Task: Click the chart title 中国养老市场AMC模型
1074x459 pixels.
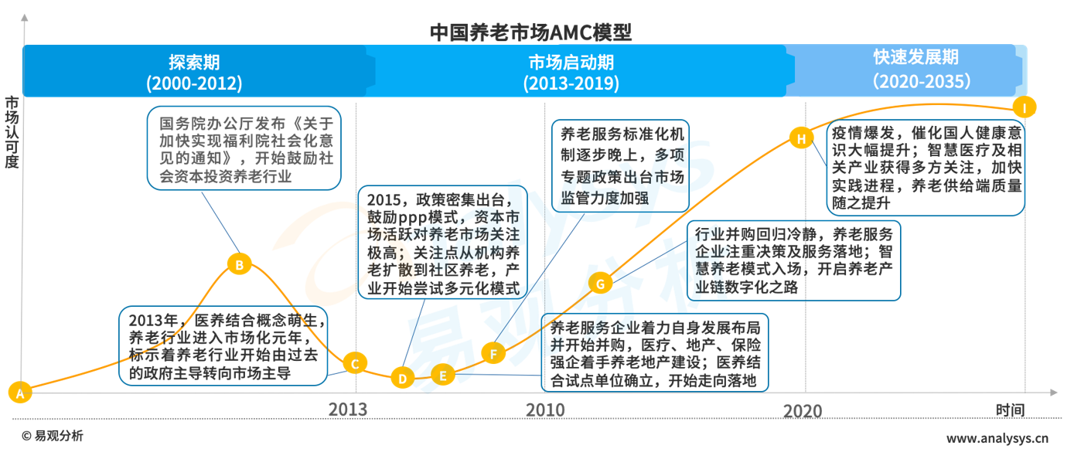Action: tap(530, 32)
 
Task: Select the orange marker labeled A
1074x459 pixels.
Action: tap(19, 392)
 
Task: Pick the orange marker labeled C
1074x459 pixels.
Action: tap(355, 363)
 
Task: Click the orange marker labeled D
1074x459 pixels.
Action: tap(402, 378)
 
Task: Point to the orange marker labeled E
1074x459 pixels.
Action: tap(442, 376)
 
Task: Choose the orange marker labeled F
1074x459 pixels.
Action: tap(493, 354)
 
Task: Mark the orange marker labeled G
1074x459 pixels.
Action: tap(599, 283)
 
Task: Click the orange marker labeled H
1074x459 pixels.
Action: tap(801, 138)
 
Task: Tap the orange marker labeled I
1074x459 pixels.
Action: tap(1024, 107)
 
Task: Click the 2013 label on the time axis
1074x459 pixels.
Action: tap(348, 410)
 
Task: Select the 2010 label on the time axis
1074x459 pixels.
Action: tap(545, 410)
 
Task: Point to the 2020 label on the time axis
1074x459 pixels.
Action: tap(803, 410)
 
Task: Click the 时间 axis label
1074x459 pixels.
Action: tap(1010, 410)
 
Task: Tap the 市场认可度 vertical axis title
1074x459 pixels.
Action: tap(12, 131)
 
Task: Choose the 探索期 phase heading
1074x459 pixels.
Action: tap(194, 61)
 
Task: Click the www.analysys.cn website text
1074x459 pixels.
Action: tap(997, 438)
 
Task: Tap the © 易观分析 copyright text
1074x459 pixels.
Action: tap(52, 436)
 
